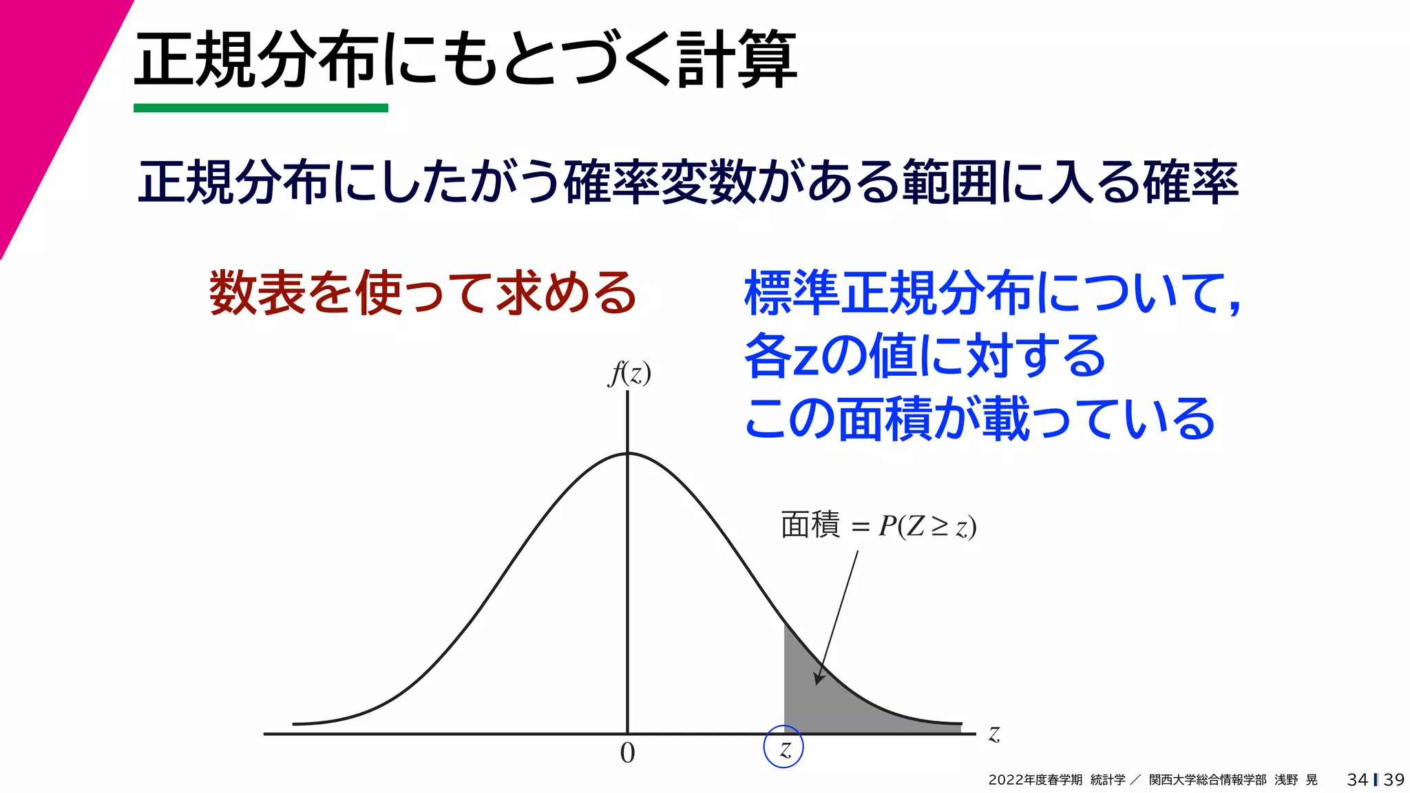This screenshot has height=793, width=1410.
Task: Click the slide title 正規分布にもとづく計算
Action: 465,61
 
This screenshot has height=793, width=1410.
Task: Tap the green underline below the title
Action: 260,108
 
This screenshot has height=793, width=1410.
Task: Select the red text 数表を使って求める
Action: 423,293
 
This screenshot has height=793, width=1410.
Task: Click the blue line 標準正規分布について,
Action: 991,293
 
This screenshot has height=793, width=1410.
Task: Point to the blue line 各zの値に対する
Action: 925,356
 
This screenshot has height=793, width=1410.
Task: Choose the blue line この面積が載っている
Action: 979,419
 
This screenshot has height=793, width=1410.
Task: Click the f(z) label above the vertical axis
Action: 629,373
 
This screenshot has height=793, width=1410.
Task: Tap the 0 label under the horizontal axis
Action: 627,753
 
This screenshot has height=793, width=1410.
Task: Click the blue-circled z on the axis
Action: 783,747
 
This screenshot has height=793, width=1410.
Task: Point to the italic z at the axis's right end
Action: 993,734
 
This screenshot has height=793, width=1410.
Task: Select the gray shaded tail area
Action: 826,702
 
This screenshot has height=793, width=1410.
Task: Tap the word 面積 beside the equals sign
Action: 810,525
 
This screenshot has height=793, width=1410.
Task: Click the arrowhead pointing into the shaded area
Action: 819,677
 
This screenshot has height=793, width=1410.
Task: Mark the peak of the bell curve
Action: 627,454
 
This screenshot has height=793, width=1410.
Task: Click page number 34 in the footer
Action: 1357,780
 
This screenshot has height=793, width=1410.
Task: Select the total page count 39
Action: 1393,780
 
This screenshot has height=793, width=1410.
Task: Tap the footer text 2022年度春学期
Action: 1035,780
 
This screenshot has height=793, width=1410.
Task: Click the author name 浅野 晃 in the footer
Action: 1296,780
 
